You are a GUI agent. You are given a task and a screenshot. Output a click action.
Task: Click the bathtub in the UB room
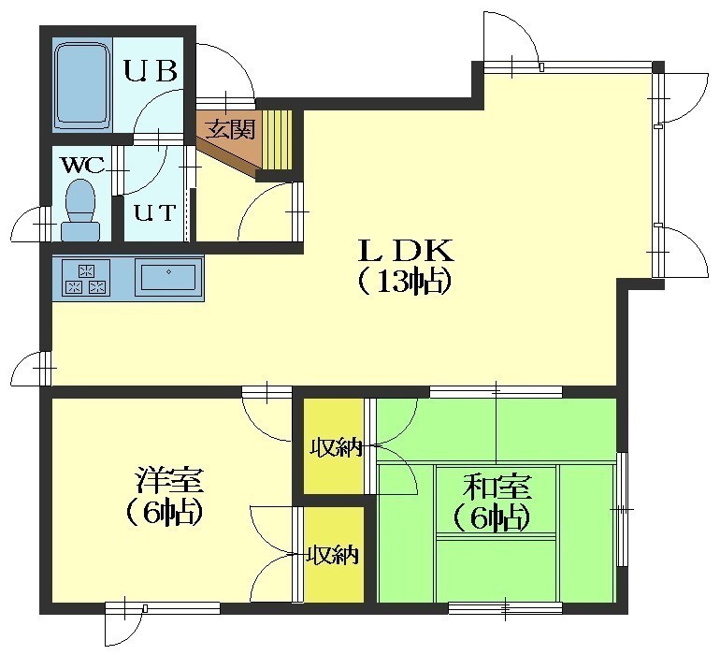point(82,84)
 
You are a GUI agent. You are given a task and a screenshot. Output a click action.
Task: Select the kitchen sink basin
point(168,277)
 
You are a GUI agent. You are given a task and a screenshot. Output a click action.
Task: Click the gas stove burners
point(86,278)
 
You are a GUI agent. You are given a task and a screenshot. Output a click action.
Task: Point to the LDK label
point(407,251)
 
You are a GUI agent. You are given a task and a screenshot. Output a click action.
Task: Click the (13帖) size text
point(405,282)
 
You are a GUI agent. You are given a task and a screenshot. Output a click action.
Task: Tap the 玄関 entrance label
point(230,129)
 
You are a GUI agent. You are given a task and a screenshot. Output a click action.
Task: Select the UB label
point(151,71)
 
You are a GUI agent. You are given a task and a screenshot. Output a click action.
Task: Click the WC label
point(83,165)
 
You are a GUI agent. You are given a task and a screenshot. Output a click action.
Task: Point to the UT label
point(154,212)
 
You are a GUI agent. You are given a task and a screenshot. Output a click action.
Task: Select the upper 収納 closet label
point(336,448)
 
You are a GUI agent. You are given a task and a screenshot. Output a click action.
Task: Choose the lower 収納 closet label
point(333,555)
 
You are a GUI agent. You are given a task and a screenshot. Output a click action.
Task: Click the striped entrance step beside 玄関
point(277,139)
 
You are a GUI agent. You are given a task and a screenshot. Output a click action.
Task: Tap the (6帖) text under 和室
point(492,518)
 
